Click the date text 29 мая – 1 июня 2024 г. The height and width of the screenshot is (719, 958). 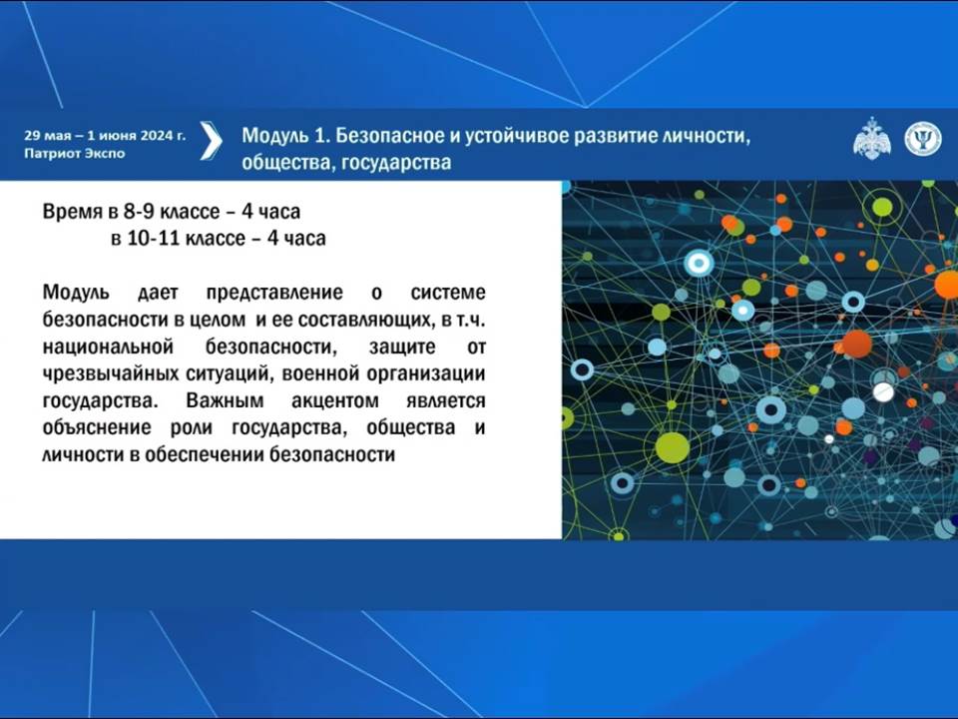click(105, 136)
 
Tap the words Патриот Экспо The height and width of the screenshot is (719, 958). click(75, 154)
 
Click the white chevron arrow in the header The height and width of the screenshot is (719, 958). click(211, 141)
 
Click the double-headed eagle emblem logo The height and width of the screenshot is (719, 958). click(871, 139)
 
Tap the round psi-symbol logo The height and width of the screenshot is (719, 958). click(922, 139)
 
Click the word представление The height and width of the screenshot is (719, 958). click(274, 293)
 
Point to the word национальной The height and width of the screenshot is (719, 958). click(108, 347)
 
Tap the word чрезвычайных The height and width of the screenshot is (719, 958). click(111, 373)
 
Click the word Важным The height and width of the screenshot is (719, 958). click(225, 400)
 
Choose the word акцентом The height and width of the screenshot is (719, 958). click(335, 401)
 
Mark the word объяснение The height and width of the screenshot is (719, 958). click(97, 427)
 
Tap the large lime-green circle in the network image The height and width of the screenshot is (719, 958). click(672, 447)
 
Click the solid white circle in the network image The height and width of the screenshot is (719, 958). click(883, 391)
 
